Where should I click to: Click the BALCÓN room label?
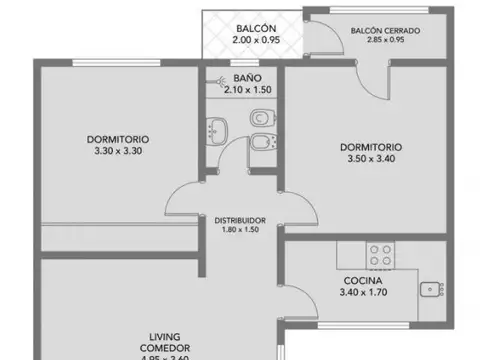pos(251,28)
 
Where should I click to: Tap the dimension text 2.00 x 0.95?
pos(251,42)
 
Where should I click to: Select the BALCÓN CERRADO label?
pos(385,31)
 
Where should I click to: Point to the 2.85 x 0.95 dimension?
pos(385,42)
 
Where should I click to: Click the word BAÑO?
pos(247,77)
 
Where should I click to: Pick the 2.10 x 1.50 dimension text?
pos(247,90)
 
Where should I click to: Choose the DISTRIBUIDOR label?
pos(240,220)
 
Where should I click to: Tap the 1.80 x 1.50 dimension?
pos(240,231)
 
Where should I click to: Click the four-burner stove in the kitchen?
pos(381,254)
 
